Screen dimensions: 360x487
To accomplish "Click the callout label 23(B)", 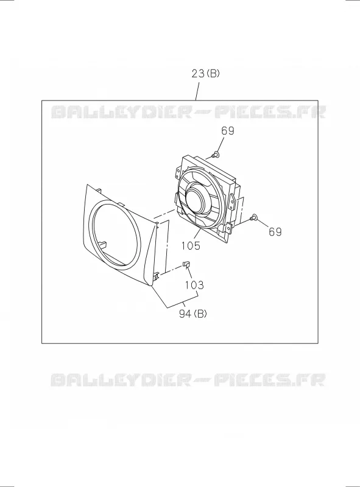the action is tap(205, 74).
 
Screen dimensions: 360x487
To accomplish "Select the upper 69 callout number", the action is tap(228, 131).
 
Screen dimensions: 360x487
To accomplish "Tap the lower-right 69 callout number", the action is tap(275, 232).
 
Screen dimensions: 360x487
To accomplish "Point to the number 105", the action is tap(191, 246).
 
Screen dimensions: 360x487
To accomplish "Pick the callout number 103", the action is tap(194, 285).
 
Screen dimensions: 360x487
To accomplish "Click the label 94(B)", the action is tap(192, 314).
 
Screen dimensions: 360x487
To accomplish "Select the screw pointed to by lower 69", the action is tap(253, 218).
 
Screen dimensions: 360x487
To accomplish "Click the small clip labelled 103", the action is tap(186, 264).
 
